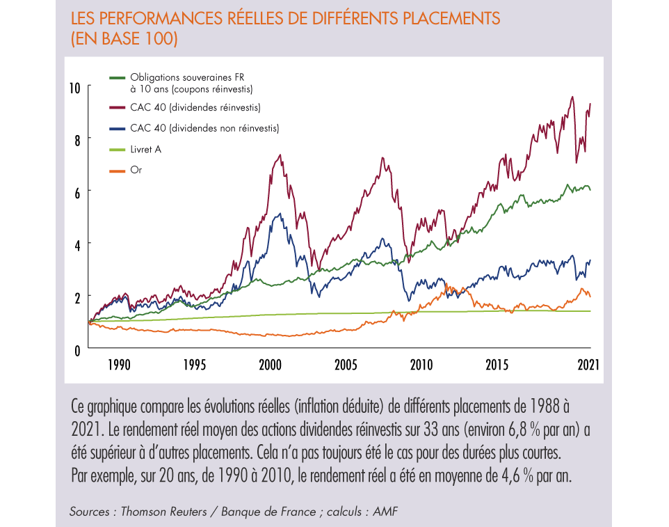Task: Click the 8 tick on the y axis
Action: tap(77, 139)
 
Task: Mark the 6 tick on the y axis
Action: tap(77, 191)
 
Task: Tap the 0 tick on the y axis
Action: tap(77, 349)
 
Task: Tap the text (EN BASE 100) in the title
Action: tap(124, 39)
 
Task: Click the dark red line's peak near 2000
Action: tap(280, 155)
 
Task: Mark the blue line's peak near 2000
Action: tap(280, 214)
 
